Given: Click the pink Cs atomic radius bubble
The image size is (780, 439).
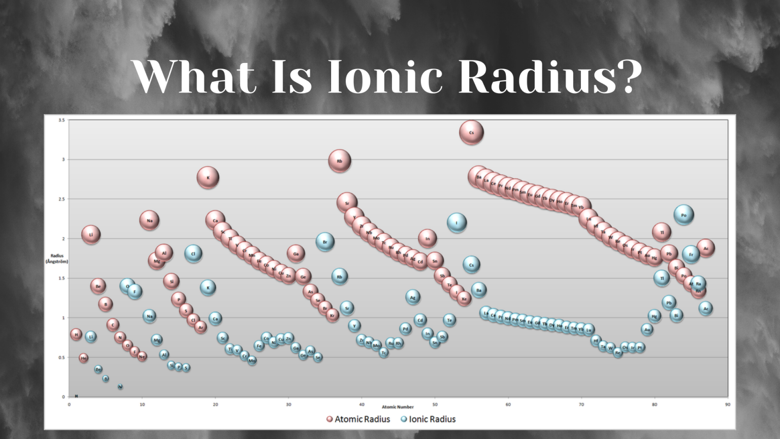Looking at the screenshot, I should (471, 133).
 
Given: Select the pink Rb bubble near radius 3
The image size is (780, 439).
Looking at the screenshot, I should (340, 161).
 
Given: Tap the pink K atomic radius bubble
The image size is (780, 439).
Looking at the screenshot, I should (208, 178).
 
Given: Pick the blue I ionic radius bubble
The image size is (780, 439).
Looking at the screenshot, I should (457, 223).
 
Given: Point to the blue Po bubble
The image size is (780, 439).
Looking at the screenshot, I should (684, 215).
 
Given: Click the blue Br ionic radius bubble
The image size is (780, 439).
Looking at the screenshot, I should (325, 242).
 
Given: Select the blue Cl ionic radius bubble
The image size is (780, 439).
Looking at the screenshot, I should (193, 254).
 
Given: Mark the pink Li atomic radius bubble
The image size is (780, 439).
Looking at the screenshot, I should (91, 235).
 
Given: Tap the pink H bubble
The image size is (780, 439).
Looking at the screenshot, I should (76, 334).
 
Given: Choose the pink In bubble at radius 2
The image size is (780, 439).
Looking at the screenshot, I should (428, 238).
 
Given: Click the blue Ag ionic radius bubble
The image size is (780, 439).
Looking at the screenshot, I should (413, 297).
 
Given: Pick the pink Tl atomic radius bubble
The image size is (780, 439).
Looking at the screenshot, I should (662, 232).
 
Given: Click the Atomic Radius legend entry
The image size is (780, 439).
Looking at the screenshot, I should (358, 419).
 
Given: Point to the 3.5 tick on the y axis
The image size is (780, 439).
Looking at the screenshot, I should (61, 120).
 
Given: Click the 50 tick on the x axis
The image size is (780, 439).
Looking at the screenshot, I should (435, 404).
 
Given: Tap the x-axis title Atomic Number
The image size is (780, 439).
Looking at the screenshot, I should (398, 407).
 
